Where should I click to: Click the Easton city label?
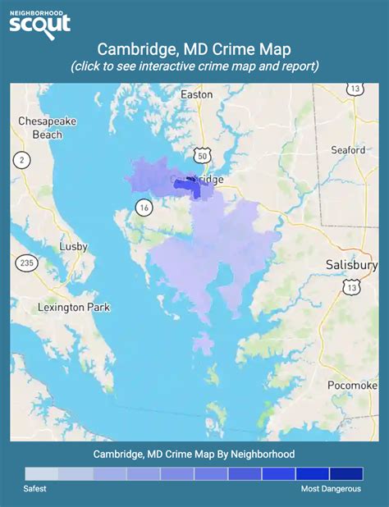point(196,94)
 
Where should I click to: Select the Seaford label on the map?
point(348,150)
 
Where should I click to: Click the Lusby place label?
point(73,246)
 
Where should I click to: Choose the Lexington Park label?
point(74,308)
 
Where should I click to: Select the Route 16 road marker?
point(144,206)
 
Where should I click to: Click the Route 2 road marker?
point(22,159)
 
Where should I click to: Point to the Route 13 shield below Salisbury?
point(352,286)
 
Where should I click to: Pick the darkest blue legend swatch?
point(346,473)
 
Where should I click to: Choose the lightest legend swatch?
point(41,473)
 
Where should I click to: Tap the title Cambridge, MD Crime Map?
point(194,49)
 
